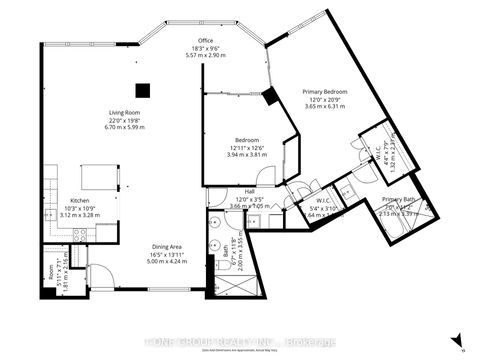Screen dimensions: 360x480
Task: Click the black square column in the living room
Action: click(144, 88)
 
